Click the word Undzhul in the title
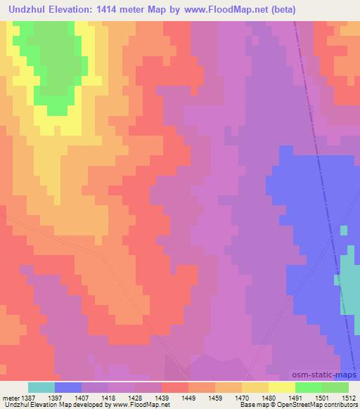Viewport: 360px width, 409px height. (x=30, y=10)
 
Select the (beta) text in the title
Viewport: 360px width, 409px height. (x=280, y=10)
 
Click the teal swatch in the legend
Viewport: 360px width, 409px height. (x=41, y=387)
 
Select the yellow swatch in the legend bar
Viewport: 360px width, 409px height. (x=282, y=387)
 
